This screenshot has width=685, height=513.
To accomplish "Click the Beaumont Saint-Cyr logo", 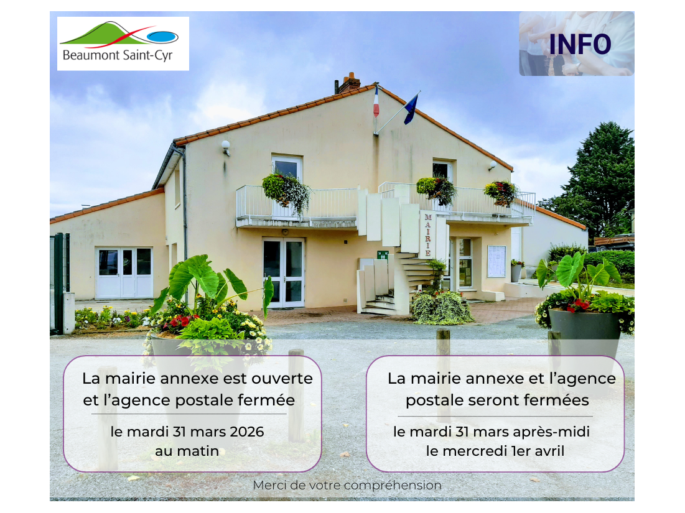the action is tap(123, 44).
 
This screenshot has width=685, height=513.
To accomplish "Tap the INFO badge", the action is tap(577, 44).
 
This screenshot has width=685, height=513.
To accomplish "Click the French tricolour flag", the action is tap(376, 102).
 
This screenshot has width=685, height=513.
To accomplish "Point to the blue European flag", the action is tap(411, 109).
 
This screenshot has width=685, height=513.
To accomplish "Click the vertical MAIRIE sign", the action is tap(427, 235).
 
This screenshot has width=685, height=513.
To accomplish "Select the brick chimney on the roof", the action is tap(348, 83).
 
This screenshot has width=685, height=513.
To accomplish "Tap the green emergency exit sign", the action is tap(383, 255).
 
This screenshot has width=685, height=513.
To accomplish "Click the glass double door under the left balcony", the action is tap(284, 272).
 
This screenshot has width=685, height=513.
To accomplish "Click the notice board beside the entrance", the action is tap(496, 261).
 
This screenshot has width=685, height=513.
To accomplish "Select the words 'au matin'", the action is tap(187, 451).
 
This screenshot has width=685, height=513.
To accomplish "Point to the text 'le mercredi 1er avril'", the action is tap(495, 451).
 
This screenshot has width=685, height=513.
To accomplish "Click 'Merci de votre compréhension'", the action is tap(347, 486).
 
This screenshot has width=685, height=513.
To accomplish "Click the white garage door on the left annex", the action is tap(124, 273).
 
